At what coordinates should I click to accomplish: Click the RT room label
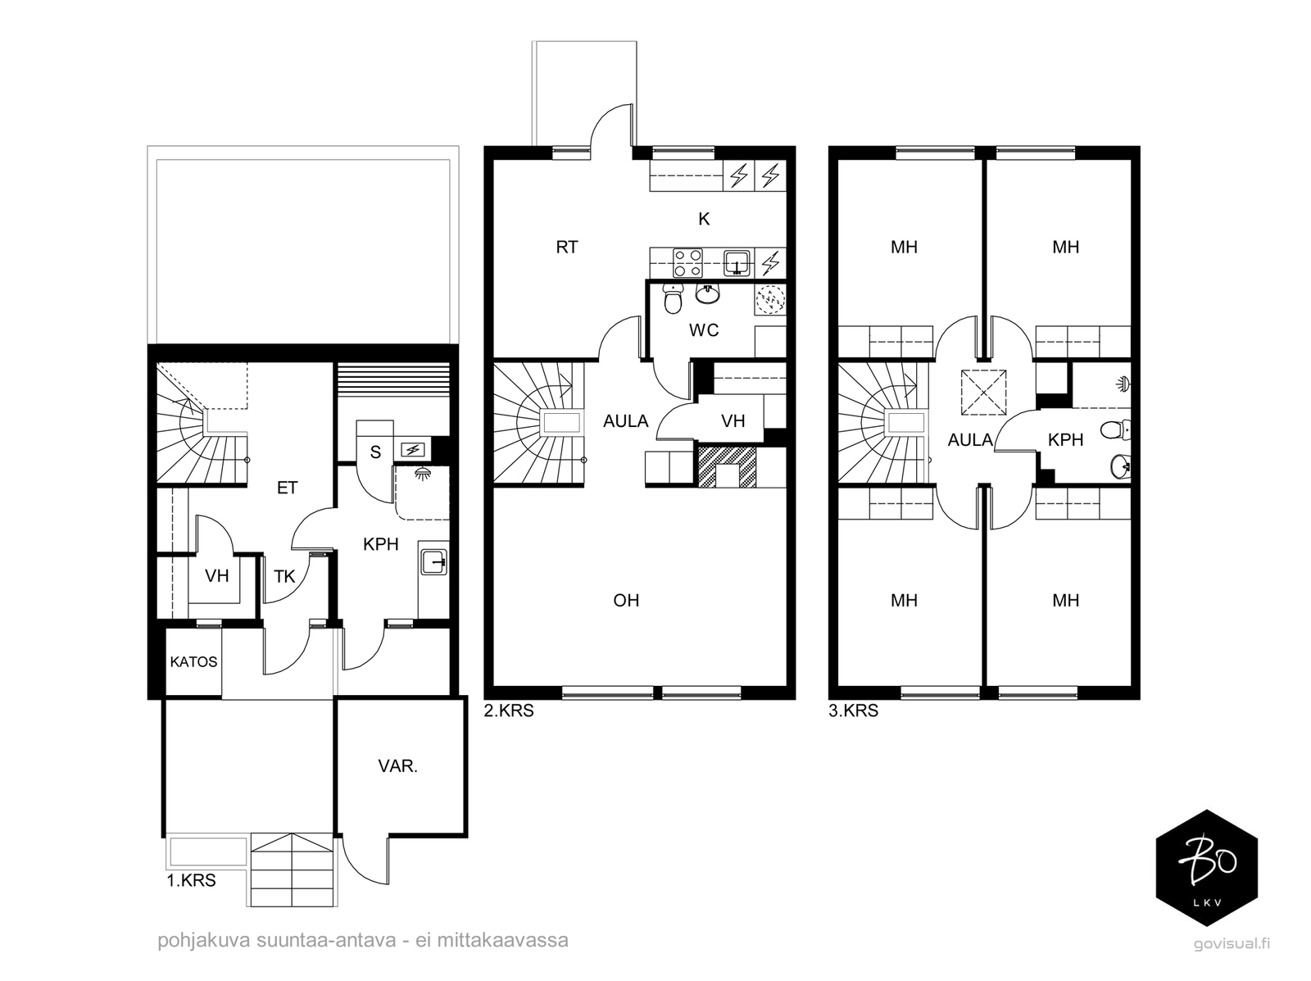(x=566, y=247)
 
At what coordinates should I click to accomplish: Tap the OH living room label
(x=626, y=600)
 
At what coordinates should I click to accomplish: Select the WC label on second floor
(x=704, y=329)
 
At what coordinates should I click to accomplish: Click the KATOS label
(x=193, y=662)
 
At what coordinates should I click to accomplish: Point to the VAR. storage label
(x=397, y=766)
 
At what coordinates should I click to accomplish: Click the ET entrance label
(x=287, y=488)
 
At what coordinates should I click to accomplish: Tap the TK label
(x=284, y=576)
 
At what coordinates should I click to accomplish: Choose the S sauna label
(x=375, y=452)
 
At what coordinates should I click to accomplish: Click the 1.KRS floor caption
(x=191, y=880)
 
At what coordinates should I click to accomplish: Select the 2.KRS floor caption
(x=509, y=711)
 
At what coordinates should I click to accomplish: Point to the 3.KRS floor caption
(x=854, y=711)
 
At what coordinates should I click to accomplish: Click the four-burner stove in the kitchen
(x=687, y=263)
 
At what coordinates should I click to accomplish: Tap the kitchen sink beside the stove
(x=737, y=263)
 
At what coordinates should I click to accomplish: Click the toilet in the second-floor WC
(x=674, y=298)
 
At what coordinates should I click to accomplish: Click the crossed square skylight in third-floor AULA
(x=983, y=393)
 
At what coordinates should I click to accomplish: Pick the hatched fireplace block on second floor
(x=727, y=466)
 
